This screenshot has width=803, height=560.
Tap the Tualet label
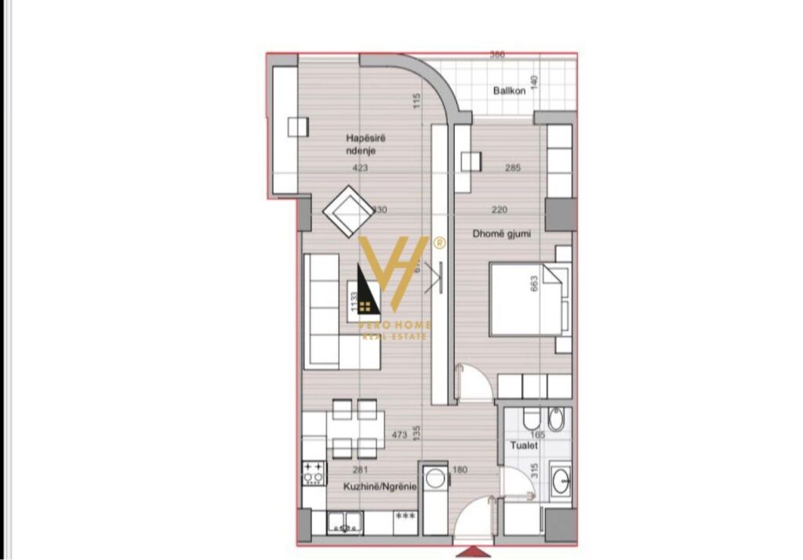coord(525,445)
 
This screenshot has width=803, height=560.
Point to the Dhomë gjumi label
coord(500,233)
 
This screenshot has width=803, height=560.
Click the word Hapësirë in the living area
coord(366,139)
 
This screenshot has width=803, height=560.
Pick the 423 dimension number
coord(360,168)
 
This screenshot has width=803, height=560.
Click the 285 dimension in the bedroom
coord(513,168)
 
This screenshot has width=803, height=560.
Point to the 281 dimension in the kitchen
coord(361,471)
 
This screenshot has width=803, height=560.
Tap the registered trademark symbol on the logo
coord(440,242)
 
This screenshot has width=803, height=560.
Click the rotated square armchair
coord(348,210)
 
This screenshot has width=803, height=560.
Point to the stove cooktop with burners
coord(314,472)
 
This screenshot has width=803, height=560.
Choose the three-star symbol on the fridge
coord(405,515)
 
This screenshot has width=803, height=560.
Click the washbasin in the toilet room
coord(561,480)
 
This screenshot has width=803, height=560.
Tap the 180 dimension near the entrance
coord(460,471)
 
